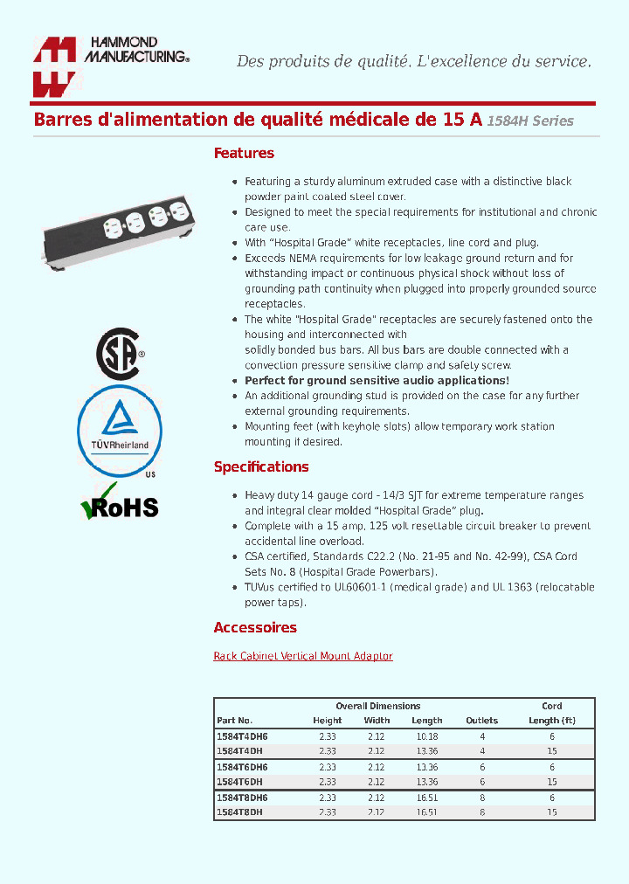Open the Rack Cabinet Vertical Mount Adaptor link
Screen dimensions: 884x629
[303, 656]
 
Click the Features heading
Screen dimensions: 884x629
[244, 153]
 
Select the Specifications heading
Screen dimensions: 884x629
[261, 466]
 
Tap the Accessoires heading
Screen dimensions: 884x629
[255, 627]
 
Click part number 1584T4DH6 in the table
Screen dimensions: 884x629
[242, 736]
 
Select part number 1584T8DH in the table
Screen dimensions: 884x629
[239, 811]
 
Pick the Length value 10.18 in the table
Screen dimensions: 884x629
[427, 736]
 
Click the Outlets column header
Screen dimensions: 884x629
[482, 721]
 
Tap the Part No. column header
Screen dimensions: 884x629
[234, 721]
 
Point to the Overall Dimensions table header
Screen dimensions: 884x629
[377, 706]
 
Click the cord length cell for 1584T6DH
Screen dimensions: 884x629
[552, 782]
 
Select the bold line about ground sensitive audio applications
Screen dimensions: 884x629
[377, 381]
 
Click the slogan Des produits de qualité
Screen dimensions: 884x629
[414, 61]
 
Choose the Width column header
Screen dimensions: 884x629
[377, 721]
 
